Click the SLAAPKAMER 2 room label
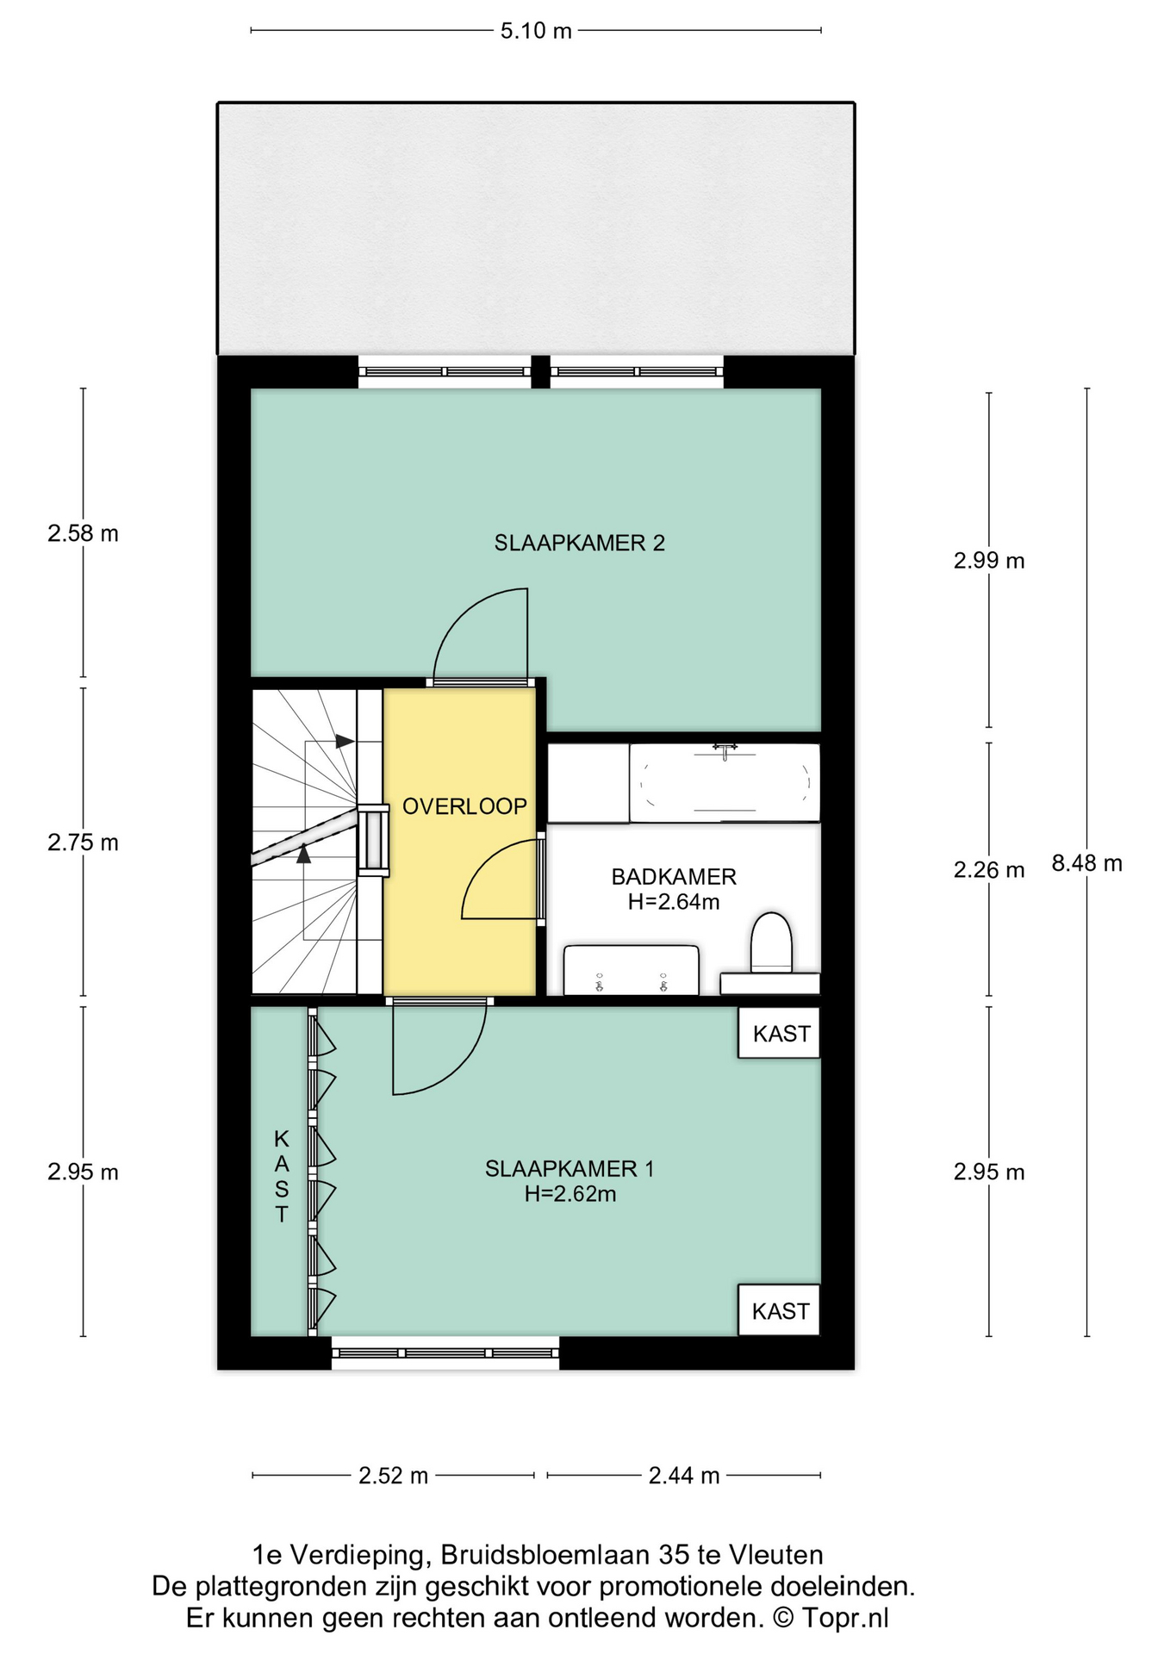579,543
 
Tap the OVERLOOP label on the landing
464,806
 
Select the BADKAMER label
674,877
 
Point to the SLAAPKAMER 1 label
569,1169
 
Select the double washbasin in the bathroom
631,971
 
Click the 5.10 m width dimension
536,31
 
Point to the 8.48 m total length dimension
1087,863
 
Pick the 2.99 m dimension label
989,561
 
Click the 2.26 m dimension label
989,870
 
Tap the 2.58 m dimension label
83,534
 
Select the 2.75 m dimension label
83,843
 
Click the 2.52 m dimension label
393,1476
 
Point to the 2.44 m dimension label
684,1476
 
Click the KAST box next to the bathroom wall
779,1033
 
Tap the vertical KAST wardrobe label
282,1177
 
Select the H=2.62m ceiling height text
570,1194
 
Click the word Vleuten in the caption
776,1555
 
